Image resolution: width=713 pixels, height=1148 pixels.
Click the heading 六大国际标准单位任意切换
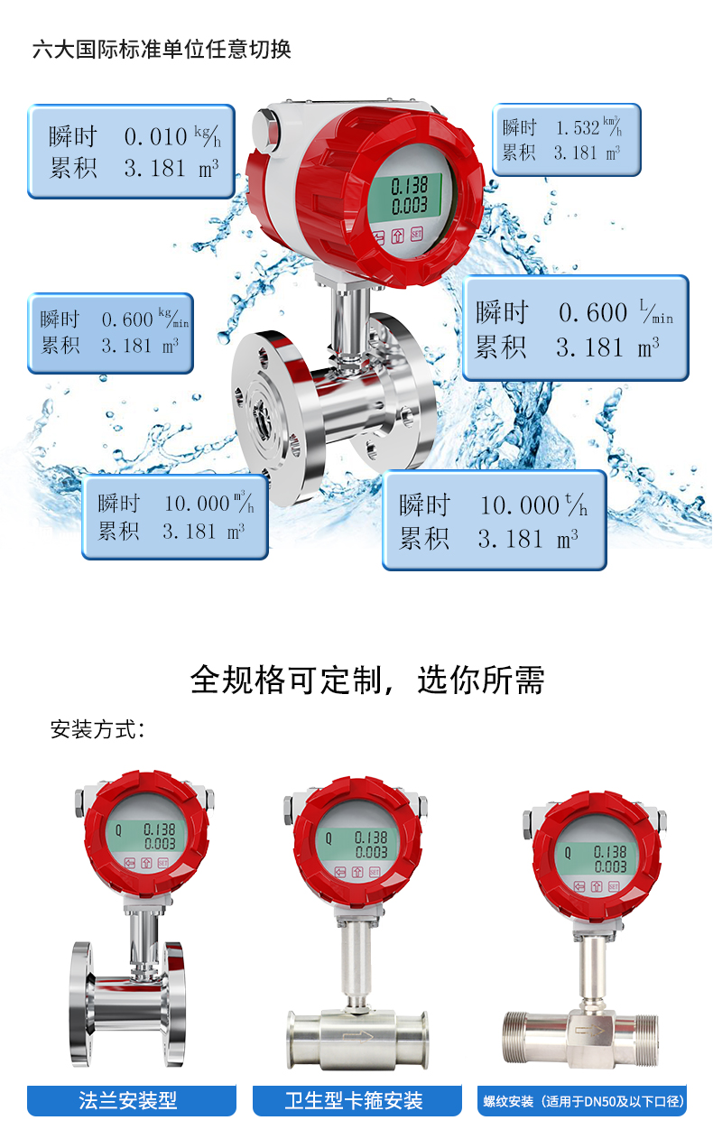click(162, 50)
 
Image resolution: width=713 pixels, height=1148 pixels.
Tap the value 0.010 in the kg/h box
click(155, 137)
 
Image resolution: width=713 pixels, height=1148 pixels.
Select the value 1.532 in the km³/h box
click(578, 127)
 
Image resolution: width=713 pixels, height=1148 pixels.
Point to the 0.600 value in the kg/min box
click(127, 319)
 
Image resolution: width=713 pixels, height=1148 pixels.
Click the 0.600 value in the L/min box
click(593, 312)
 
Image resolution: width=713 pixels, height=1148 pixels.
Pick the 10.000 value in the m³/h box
click(197, 504)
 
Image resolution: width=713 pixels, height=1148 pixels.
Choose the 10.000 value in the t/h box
click(520, 505)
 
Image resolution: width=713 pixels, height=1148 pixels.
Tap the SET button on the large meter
click(416, 234)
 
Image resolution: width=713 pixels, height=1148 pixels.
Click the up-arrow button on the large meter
click(398, 236)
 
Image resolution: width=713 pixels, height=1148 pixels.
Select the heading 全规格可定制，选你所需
click(367, 680)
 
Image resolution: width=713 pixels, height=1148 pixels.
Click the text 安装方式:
click(97, 729)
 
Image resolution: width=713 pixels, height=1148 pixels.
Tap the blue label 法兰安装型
click(128, 1100)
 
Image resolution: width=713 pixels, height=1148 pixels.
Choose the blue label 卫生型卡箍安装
click(354, 1100)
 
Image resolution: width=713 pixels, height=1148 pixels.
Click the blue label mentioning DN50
click(582, 1100)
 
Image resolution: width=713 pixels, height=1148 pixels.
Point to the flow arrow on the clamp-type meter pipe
click(357, 1036)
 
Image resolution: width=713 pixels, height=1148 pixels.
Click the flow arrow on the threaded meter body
click(589, 1030)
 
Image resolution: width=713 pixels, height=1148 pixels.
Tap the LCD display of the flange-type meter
click(145, 836)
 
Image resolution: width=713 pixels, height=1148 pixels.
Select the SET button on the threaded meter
click(614, 886)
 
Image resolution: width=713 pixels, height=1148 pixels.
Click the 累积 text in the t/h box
click(424, 539)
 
